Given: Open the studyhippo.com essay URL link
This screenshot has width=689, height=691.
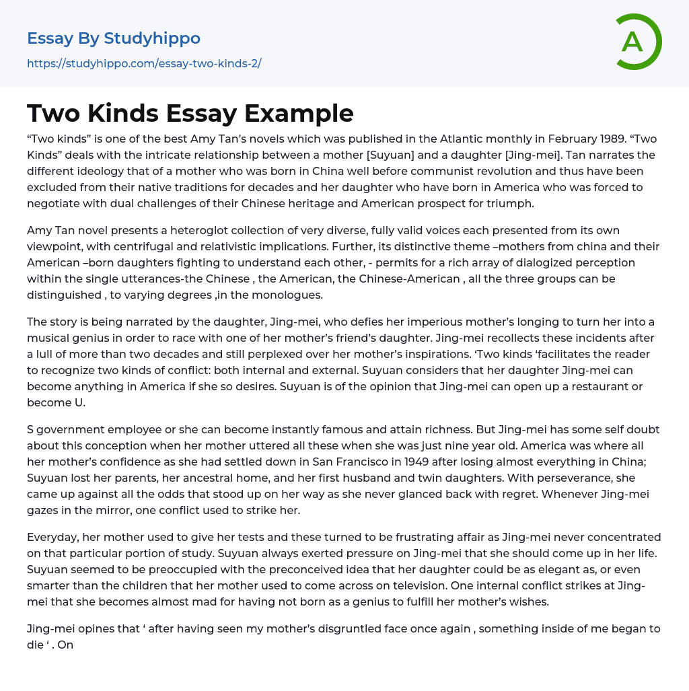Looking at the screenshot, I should point(144,63).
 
